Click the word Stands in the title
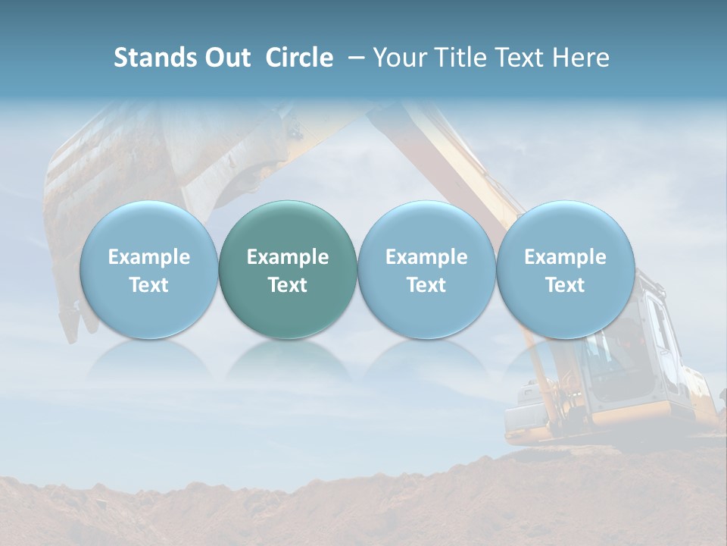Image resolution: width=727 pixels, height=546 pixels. [x=154, y=58]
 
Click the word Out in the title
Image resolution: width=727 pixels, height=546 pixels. [x=226, y=58]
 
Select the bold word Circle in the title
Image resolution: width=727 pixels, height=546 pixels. [x=299, y=58]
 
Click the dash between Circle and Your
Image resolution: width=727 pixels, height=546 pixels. [x=354, y=58]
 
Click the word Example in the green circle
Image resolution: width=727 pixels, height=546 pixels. [x=288, y=257]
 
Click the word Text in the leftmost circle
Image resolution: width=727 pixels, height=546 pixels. [x=148, y=285]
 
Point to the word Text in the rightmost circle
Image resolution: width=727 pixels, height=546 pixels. [x=566, y=285]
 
